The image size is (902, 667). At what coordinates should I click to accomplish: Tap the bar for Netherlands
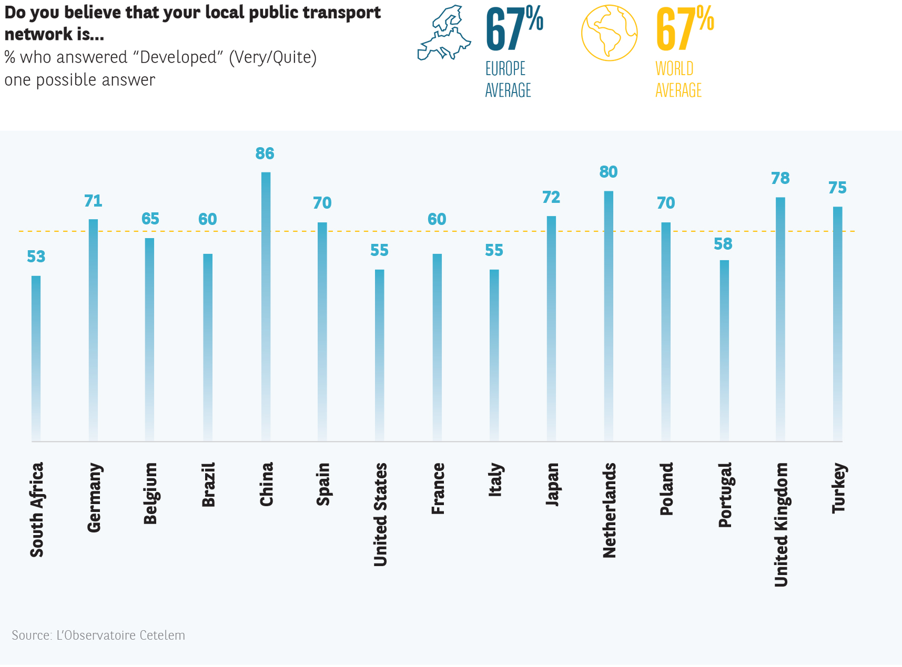tap(609, 316)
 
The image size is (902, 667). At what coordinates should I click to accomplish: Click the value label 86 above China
tap(265, 153)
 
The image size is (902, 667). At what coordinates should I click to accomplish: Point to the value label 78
tap(781, 179)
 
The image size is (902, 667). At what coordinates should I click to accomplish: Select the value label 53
tap(36, 256)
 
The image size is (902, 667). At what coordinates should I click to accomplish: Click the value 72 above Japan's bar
tap(551, 198)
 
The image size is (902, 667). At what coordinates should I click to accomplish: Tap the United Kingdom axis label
tap(781, 524)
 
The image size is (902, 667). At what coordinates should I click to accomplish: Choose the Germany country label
tap(94, 497)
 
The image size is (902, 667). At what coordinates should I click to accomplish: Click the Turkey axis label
tap(838, 488)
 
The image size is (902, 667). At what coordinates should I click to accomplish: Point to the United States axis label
tap(380, 515)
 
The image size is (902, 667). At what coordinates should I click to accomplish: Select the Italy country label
tap(495, 479)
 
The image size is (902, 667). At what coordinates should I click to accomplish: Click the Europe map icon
tap(444, 33)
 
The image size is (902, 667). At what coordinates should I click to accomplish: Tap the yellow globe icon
tap(609, 33)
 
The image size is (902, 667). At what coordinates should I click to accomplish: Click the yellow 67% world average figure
tap(684, 29)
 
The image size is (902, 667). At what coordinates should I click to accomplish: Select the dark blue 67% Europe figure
tap(514, 29)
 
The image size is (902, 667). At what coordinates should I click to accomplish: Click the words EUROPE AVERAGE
tap(508, 79)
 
